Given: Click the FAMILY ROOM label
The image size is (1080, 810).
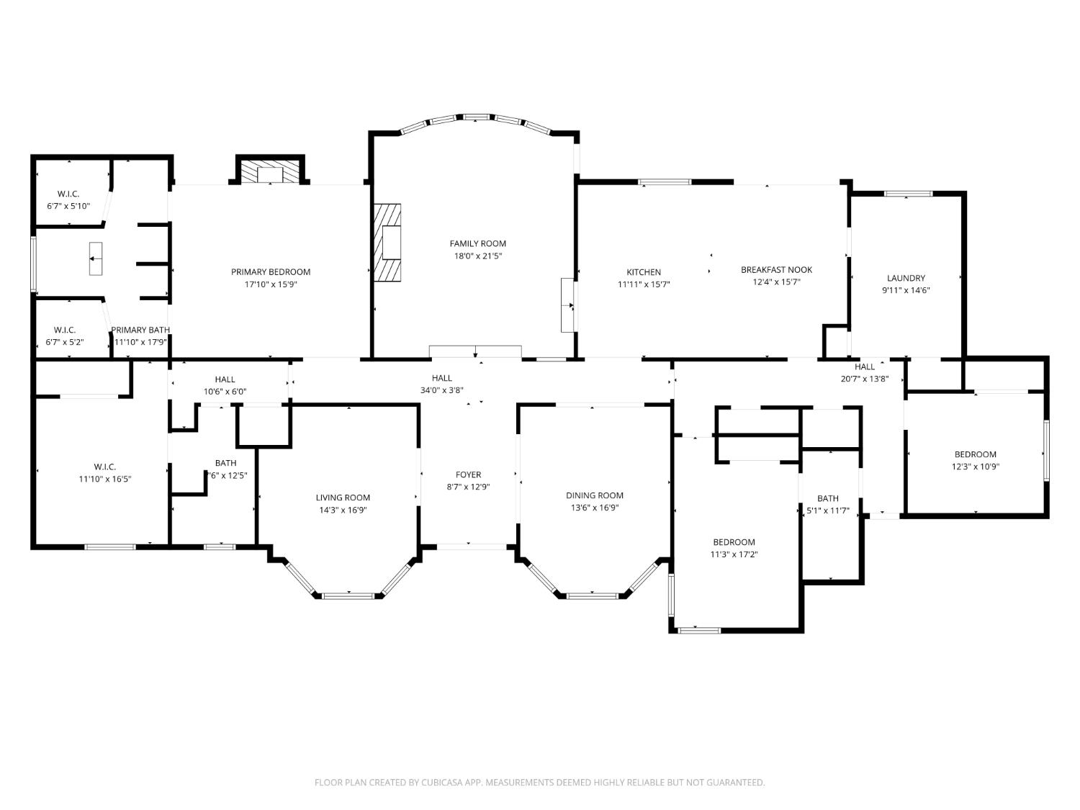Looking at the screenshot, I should tap(477, 243).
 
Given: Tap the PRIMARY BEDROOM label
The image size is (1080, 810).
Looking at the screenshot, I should tap(271, 271).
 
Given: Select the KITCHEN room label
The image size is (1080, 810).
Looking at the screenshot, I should tap(643, 272).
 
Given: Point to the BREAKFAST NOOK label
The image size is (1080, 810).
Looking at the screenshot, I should tap(776, 270).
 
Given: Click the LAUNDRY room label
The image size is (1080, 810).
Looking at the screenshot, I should tap(906, 278).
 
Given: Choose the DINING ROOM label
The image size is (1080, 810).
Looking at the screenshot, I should tap(594, 495).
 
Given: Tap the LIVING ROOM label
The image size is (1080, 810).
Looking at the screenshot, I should tap(343, 498).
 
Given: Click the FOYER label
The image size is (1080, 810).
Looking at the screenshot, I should tap(468, 474).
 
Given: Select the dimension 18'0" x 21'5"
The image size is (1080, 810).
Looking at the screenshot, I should tap(477, 256).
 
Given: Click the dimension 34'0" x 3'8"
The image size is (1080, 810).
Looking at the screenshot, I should tap(441, 390).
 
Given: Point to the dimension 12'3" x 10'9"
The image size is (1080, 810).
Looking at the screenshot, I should tap(975, 467).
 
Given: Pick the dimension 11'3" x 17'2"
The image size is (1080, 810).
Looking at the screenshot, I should tap(734, 554).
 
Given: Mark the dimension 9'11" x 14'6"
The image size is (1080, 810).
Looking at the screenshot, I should tap(906, 290).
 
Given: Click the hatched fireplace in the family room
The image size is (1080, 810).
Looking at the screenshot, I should tap(387, 243).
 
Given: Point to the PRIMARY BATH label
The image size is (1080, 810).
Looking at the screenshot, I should tap(140, 330).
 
